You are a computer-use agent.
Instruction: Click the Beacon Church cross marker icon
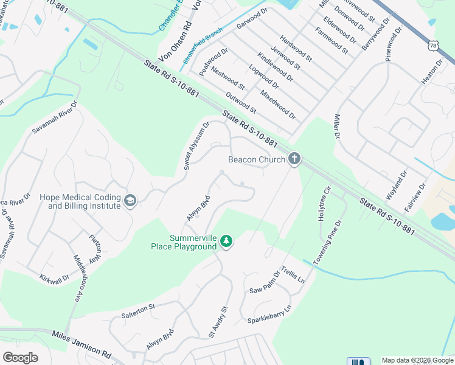tap(294, 159)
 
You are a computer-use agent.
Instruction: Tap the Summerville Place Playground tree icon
tap(226, 242)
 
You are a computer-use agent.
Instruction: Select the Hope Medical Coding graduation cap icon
tap(130, 201)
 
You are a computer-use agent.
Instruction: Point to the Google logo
tap(20, 358)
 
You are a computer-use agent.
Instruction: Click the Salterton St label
tap(139, 310)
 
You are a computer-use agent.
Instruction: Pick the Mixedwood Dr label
tap(277, 105)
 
